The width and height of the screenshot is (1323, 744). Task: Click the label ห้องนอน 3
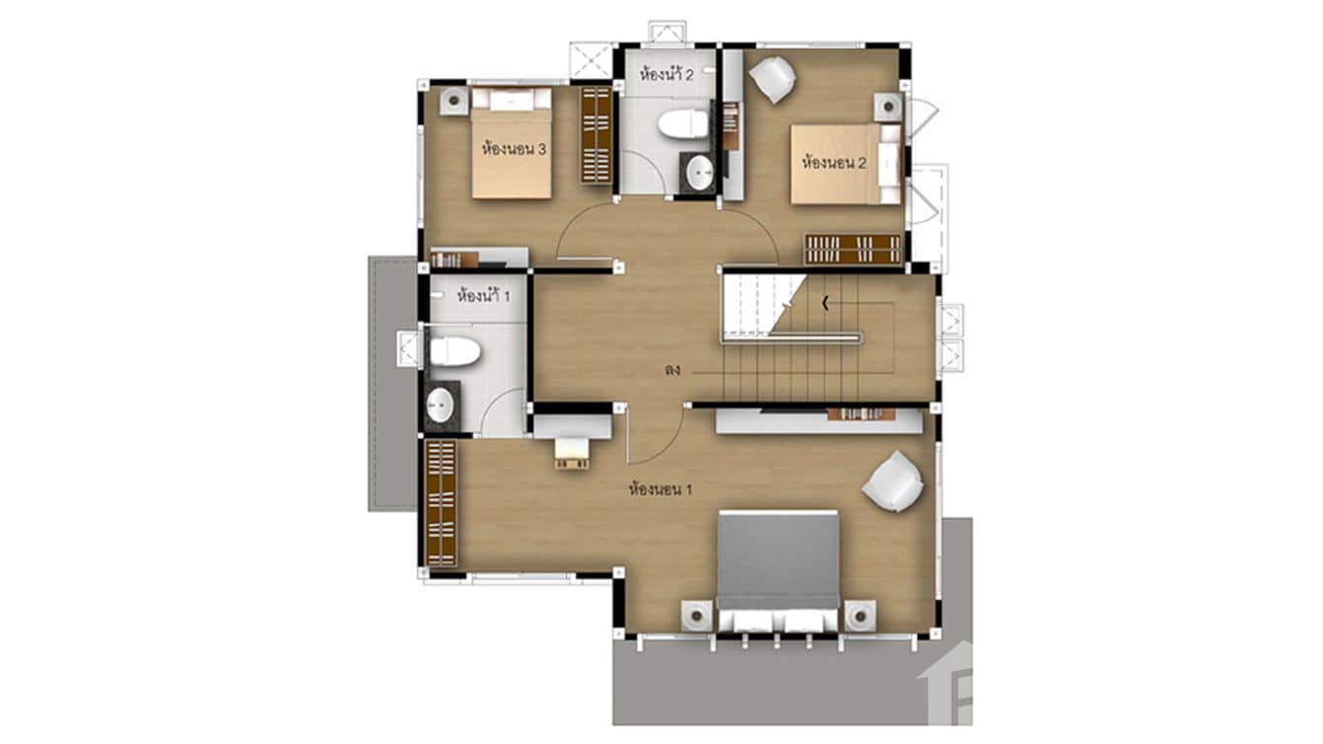point(515,150)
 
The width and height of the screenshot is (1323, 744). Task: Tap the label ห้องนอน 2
point(834,164)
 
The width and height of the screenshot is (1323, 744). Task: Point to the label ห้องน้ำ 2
point(666,74)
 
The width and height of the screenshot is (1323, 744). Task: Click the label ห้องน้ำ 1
point(483,294)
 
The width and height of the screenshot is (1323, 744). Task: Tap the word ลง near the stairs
point(672,372)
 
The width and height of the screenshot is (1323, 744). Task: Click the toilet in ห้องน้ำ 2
point(682,124)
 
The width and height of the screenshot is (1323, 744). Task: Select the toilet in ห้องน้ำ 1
point(454,350)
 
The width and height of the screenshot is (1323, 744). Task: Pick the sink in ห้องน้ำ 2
point(700,174)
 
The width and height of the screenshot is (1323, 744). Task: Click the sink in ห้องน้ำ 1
point(441,405)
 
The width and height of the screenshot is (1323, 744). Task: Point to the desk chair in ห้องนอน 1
point(572,455)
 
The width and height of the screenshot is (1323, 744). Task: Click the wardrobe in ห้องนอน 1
point(441,503)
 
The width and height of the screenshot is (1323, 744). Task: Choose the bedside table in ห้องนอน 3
point(453,102)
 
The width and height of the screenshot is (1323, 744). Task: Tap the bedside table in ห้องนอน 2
point(887,107)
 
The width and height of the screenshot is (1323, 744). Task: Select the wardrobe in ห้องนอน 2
point(853,249)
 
